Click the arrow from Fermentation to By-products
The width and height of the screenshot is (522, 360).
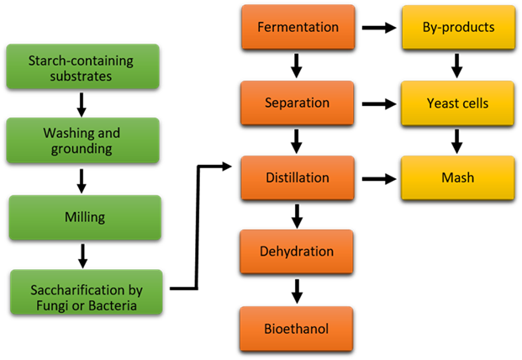[381, 28]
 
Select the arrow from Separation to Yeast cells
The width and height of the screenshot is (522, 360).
[381, 104]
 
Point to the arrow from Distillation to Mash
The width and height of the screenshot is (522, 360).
[381, 178]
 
